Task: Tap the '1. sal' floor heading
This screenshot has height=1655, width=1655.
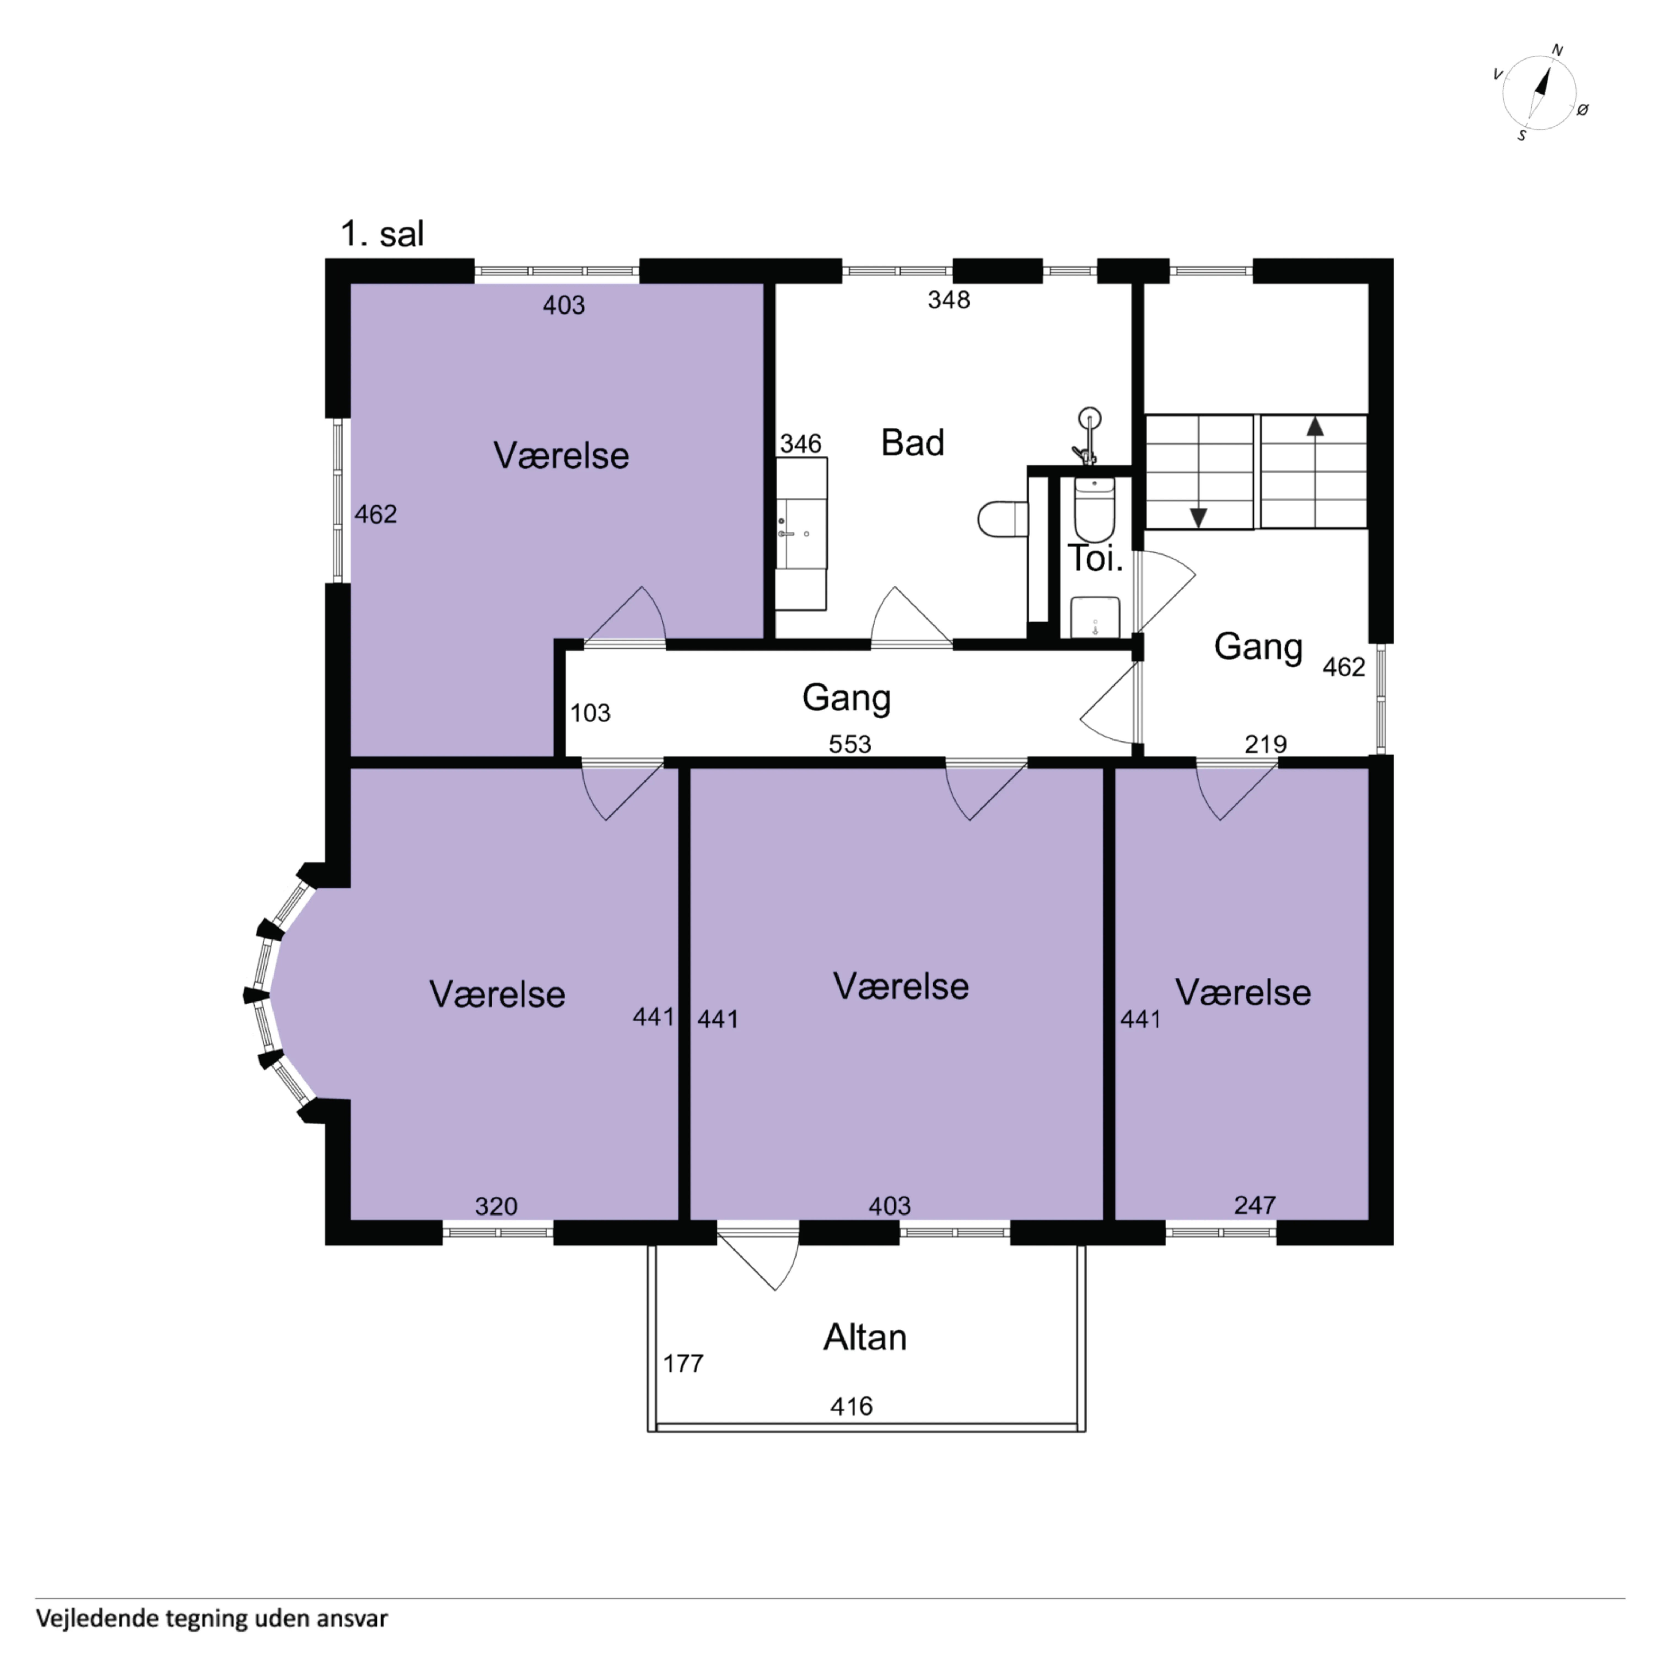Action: point(382,233)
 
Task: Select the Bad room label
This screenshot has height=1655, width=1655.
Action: point(912,443)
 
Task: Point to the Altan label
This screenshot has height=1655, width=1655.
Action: point(864,1337)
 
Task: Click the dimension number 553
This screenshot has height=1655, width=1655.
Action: point(850,744)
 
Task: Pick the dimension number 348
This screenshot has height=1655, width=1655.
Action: point(949,300)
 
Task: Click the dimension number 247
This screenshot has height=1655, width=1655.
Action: point(1255,1205)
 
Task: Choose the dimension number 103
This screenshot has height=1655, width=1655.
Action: point(590,713)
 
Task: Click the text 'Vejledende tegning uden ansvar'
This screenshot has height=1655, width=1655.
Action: point(212,1618)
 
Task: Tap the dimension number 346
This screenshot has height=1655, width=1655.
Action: point(800,444)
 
